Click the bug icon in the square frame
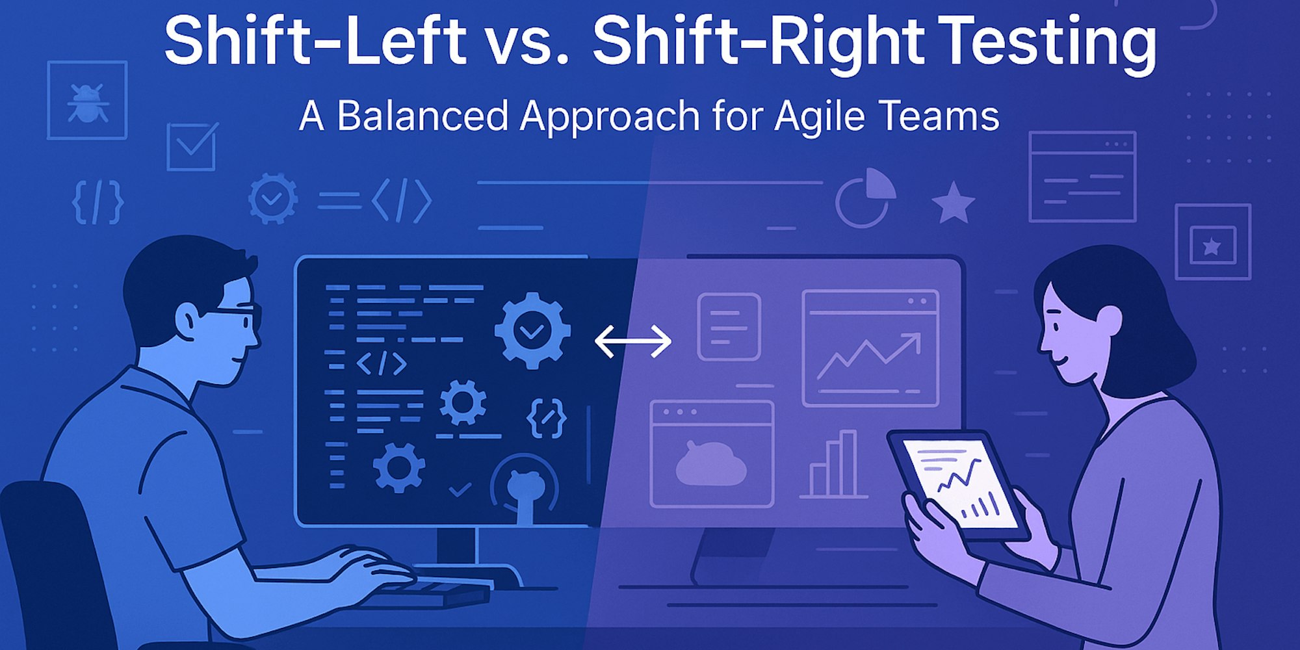point(87,101)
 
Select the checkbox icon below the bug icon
point(191,147)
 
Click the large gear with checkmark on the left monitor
point(532,330)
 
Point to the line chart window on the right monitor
point(870,348)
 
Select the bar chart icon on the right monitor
point(834,465)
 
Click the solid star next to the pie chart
point(953,203)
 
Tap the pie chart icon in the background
point(865,198)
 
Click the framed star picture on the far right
point(1212,242)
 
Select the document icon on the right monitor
point(729,326)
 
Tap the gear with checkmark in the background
point(273,198)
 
